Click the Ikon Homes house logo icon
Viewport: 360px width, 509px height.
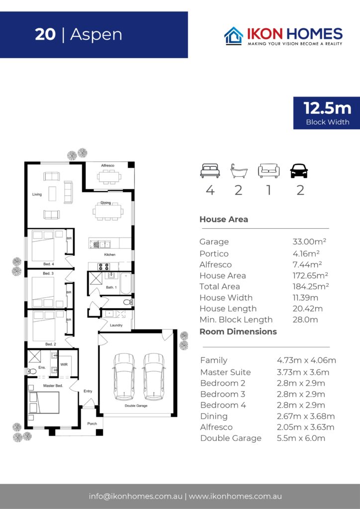click(x=234, y=35)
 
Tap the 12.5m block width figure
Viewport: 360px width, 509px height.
click(x=327, y=108)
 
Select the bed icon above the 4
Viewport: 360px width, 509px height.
click(x=210, y=171)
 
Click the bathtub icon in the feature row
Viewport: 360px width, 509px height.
click(x=239, y=171)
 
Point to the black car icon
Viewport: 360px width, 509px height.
click(x=299, y=171)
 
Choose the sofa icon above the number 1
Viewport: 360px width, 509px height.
click(x=269, y=171)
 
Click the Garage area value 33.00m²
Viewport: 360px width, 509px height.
click(x=309, y=242)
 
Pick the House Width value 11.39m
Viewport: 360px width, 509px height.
click(x=305, y=298)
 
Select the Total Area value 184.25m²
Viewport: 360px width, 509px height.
click(x=311, y=286)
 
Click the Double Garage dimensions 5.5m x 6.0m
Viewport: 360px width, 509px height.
click(x=301, y=438)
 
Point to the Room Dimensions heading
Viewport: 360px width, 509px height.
click(x=238, y=332)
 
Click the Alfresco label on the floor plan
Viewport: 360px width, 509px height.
click(x=107, y=166)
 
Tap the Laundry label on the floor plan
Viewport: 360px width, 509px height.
click(x=116, y=325)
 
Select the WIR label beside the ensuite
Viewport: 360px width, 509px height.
click(x=64, y=364)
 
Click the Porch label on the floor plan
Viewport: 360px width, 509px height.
click(x=92, y=424)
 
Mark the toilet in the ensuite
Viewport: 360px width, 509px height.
click(x=32, y=371)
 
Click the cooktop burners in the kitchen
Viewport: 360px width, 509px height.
click(x=103, y=267)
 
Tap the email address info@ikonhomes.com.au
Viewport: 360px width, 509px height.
click(x=136, y=497)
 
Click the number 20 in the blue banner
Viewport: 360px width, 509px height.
click(x=45, y=34)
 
